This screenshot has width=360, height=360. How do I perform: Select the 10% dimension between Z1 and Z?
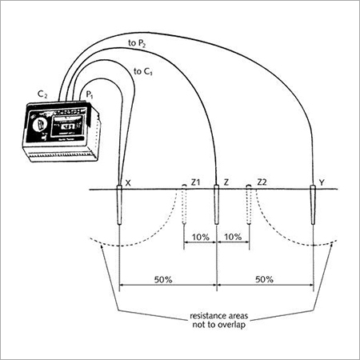click(x=200, y=238)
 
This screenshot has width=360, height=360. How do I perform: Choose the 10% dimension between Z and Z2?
click(x=232, y=238)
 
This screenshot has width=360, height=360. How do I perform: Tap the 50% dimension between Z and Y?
click(x=264, y=279)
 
